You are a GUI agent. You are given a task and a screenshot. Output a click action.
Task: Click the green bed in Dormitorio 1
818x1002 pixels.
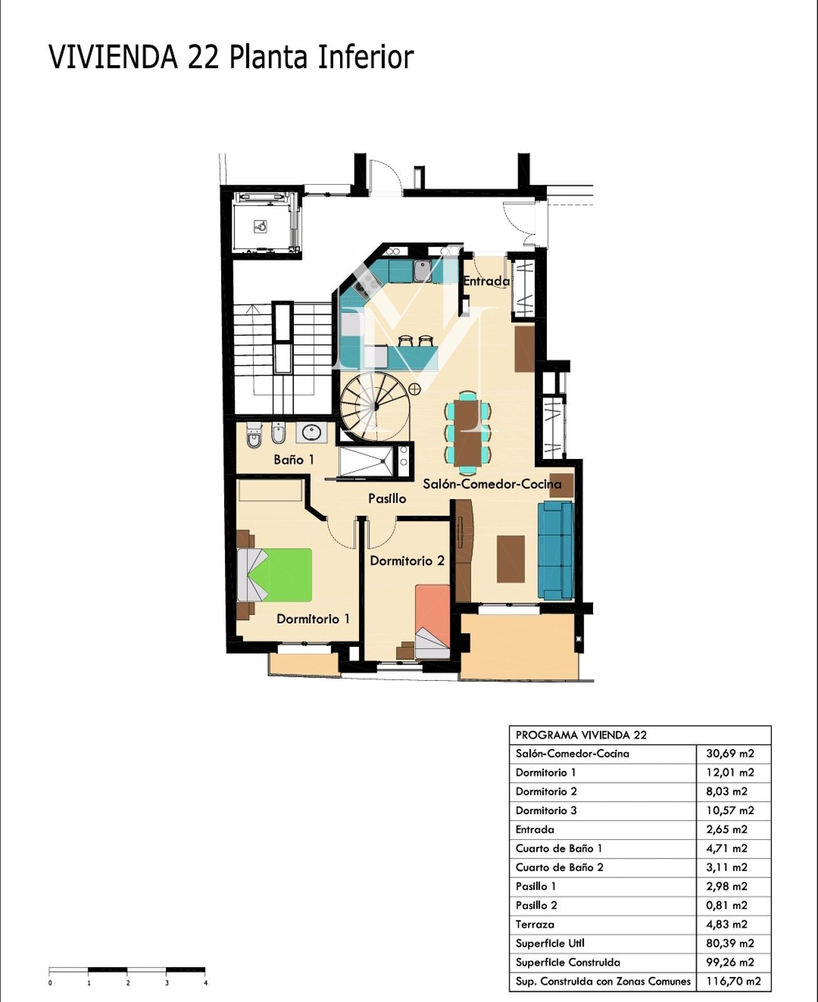click(275, 576)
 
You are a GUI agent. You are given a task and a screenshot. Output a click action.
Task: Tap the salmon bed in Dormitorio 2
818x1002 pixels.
click(433, 621)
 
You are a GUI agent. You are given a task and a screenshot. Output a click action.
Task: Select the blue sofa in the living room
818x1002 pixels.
click(556, 550)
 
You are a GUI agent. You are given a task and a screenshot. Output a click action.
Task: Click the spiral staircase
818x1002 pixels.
click(375, 406)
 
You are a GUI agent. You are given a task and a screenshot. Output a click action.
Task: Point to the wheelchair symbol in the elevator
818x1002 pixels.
click(261, 227)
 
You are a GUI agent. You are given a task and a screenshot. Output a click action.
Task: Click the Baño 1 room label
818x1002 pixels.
click(294, 460)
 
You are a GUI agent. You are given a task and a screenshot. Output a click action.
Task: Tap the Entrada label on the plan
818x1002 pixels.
click(486, 281)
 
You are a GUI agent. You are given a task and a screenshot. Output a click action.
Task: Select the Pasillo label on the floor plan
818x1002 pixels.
click(387, 498)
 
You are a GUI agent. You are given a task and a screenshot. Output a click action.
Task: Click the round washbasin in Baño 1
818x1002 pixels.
click(312, 432)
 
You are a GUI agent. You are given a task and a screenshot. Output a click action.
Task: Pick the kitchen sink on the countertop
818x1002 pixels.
click(422, 271)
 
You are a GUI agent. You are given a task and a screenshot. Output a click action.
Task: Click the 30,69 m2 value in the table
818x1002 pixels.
click(730, 753)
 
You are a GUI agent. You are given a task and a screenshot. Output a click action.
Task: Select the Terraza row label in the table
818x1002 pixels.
click(535, 924)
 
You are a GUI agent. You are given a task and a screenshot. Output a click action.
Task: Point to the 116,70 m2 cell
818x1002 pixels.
click(733, 981)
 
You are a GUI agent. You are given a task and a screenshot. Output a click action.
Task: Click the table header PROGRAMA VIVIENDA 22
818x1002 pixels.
click(581, 735)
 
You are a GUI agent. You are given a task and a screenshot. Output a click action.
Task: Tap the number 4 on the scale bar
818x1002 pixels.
click(206, 983)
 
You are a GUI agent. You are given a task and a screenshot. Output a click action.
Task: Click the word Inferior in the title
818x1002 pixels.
click(366, 57)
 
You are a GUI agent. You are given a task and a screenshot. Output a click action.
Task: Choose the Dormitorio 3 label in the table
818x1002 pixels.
click(546, 810)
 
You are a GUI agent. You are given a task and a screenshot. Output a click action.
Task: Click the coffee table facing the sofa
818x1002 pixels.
click(511, 559)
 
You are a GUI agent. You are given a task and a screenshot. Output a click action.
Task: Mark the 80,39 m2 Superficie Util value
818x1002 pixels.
click(730, 944)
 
